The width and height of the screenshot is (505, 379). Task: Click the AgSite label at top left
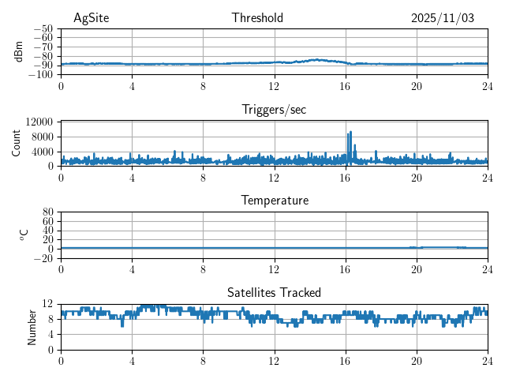pyautogui.click(x=90, y=18)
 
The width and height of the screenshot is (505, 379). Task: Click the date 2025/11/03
pyautogui.click(x=443, y=18)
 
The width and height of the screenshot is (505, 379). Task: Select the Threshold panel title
pyautogui.click(x=257, y=18)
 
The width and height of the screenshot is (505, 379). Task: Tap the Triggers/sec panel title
pyautogui.click(x=274, y=110)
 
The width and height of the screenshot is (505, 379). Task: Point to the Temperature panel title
pyautogui.click(x=274, y=201)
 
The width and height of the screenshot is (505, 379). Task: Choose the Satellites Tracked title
pyautogui.click(x=274, y=292)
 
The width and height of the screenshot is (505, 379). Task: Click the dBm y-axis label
pyautogui.click(x=18, y=51)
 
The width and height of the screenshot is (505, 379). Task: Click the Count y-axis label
pyautogui.click(x=17, y=143)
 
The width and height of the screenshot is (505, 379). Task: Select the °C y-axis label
pyautogui.click(x=24, y=235)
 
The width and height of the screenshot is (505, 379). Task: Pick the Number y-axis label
pyautogui.click(x=32, y=326)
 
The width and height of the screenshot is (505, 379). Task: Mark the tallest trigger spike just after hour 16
pyautogui.click(x=350, y=133)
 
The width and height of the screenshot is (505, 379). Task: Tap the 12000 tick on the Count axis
pyautogui.click(x=39, y=122)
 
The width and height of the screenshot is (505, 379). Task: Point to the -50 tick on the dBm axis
pyautogui.click(x=43, y=28)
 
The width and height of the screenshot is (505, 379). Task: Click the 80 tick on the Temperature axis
pyautogui.click(x=47, y=212)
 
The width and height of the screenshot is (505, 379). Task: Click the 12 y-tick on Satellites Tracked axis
pyautogui.click(x=47, y=303)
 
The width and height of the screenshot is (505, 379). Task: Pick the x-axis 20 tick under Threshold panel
pyautogui.click(x=417, y=85)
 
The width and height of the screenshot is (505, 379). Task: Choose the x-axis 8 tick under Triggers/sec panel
pyautogui.click(x=204, y=177)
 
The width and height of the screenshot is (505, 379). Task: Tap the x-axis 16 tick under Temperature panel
pyautogui.click(x=346, y=268)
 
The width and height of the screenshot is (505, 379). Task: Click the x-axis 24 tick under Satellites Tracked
pyautogui.click(x=488, y=360)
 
